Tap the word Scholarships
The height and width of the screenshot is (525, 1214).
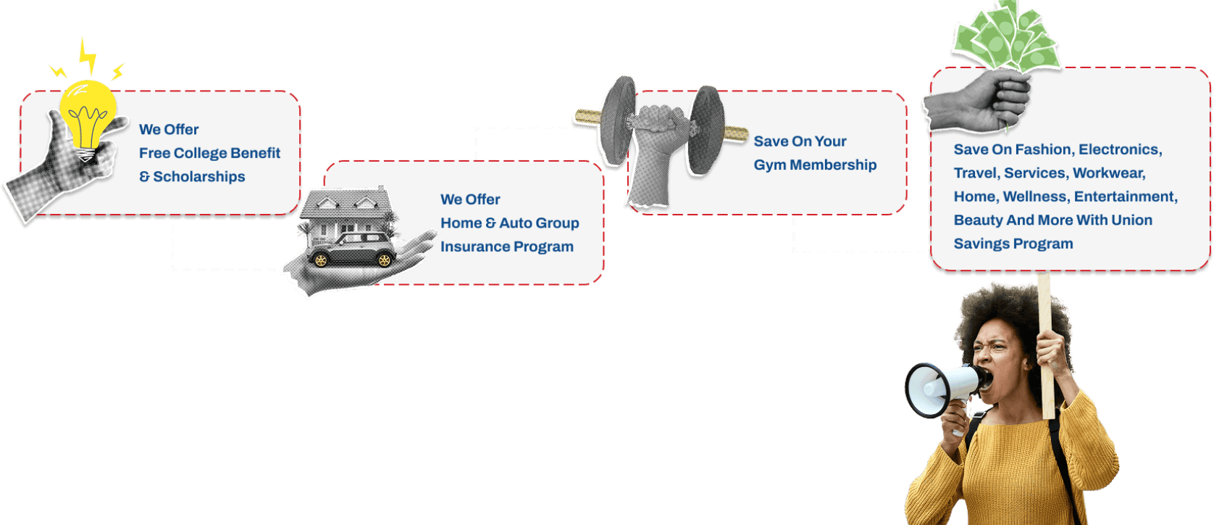(x=199, y=177)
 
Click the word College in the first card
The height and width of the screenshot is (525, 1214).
(x=200, y=153)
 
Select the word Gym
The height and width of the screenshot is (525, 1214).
(x=770, y=165)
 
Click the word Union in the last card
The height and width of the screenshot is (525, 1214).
(x=1131, y=220)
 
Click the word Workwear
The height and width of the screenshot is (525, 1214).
(x=1109, y=173)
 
